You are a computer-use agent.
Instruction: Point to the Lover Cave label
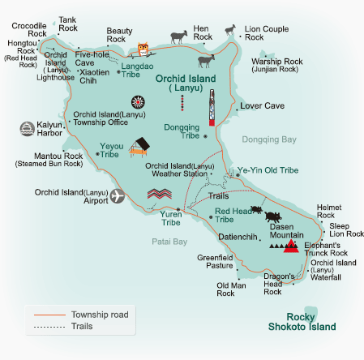[x=263, y=105]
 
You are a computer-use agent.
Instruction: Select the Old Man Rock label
[x=226, y=289]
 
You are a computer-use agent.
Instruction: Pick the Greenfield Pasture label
[x=215, y=261]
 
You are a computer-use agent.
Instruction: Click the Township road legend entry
[x=100, y=314]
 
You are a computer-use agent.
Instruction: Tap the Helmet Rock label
[x=330, y=211]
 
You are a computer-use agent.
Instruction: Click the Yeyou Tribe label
[x=109, y=150]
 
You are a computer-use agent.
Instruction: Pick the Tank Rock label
[x=68, y=24]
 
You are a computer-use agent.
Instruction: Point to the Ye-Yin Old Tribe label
[x=268, y=171]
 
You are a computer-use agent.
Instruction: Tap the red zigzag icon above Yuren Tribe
[x=161, y=194]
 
